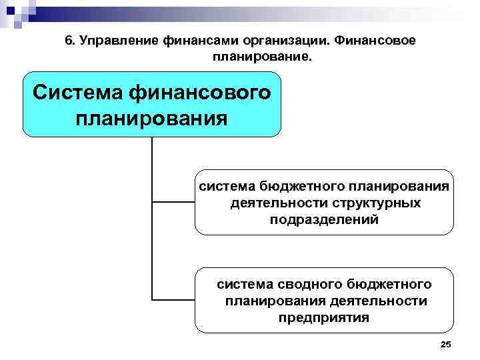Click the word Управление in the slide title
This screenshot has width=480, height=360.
coord(117,41)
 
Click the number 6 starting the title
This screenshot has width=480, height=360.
coord(69,41)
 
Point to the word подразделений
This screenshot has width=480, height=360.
coord(325,219)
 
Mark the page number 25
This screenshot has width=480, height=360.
coord(446,344)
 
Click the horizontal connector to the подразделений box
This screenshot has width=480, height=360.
coord(173,202)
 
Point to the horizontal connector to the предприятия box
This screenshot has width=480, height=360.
coord(173,299)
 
